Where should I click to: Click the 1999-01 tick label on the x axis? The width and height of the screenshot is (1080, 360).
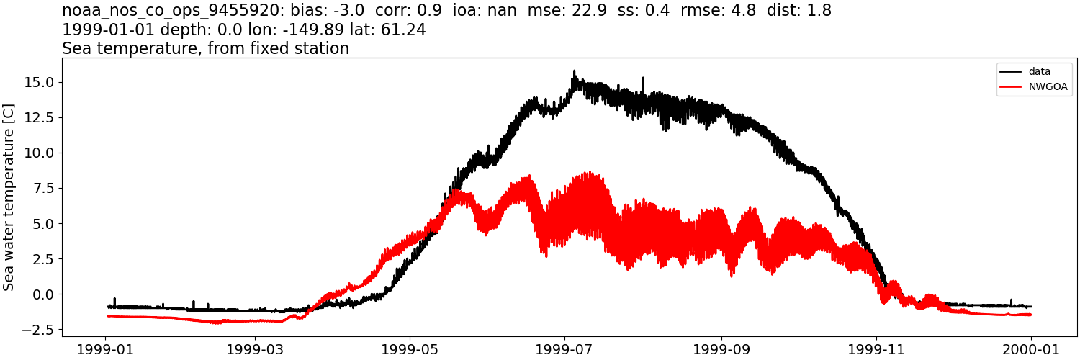coord(106,349)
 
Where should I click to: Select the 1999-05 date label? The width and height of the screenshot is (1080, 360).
coord(410,349)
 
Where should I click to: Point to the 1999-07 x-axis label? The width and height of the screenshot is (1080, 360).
coord(564,349)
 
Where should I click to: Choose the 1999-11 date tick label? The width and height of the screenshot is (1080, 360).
coord(876,349)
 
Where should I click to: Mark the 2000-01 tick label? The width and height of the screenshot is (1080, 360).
coord(1031,349)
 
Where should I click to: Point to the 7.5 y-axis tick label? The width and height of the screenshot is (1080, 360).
coord(44,188)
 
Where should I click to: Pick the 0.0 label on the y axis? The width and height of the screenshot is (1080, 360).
coord(44,294)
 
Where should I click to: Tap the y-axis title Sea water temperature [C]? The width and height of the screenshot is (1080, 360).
coord(9,197)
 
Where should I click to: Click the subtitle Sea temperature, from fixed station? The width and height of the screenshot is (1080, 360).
coord(205,49)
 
